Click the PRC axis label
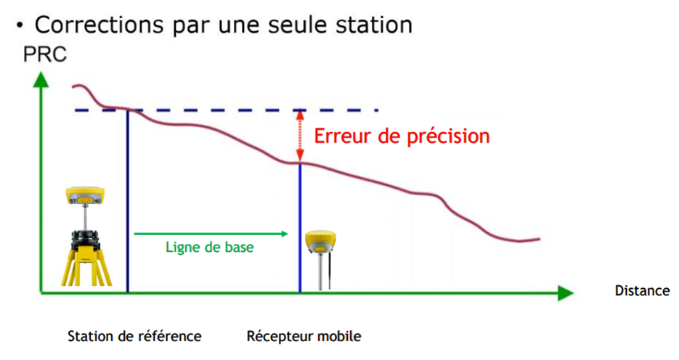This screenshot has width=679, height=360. tap(45, 54)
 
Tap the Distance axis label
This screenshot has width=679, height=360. tap(642, 290)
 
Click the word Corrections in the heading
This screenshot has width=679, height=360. tap(99, 25)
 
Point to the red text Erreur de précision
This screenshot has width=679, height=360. tap(402, 136)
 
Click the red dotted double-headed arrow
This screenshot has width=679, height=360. tap(300, 136)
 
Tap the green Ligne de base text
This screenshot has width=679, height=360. tap(210, 247)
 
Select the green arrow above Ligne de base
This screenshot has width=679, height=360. tap(211, 234)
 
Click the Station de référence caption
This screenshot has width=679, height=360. tap(134, 336)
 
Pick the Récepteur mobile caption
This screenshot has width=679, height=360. tap(304, 336)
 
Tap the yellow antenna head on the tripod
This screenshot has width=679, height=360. tap(85, 195)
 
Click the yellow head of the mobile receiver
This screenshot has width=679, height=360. tap(320, 242)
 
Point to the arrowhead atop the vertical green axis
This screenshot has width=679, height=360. tap(41, 80)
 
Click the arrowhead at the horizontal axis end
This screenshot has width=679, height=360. tap(566, 293)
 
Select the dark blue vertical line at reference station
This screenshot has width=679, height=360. tap(127, 201)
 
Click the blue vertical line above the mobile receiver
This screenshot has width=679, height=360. tap(300, 227)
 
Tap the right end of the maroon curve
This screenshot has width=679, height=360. tap(540, 238)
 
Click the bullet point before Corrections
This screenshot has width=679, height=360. tap(19, 25)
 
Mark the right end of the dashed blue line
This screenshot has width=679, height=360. tap(378, 110)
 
